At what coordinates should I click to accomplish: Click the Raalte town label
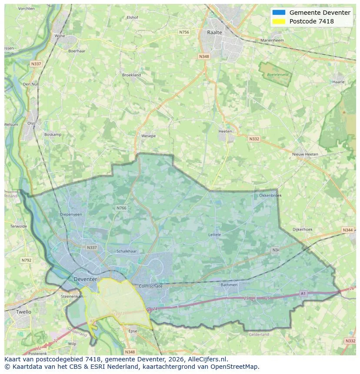(214, 33)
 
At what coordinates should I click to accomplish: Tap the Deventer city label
(85, 279)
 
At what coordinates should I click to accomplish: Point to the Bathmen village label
(229, 285)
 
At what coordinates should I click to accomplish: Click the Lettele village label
(215, 235)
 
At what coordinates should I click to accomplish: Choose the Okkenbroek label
(270, 195)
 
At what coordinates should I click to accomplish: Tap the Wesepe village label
(148, 136)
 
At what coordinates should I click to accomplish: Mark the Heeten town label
(225, 131)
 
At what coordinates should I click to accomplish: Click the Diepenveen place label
(71, 214)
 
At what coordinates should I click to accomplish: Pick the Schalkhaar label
(127, 252)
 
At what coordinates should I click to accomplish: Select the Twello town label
(23, 312)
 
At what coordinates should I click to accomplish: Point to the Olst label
(31, 123)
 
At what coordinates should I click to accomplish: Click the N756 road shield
(184, 32)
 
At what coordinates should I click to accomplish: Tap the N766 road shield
(121, 208)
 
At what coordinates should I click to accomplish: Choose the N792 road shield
(27, 260)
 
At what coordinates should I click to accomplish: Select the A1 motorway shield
(303, 294)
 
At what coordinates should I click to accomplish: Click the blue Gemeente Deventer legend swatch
(279, 13)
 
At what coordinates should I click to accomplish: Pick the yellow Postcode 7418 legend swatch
(279, 21)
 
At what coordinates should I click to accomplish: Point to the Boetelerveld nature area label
(278, 75)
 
